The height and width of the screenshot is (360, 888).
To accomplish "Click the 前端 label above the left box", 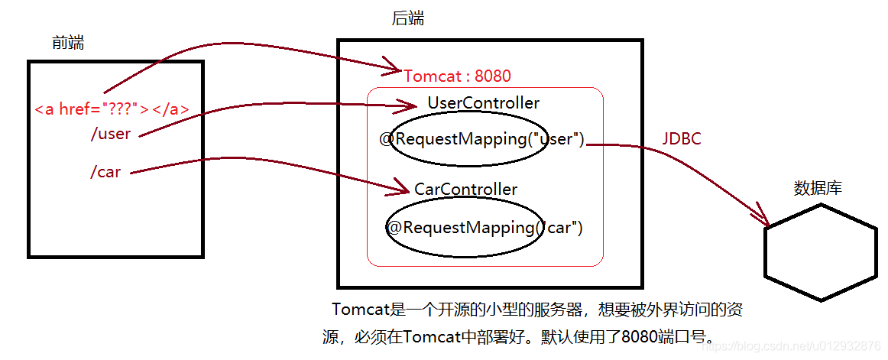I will (68, 43).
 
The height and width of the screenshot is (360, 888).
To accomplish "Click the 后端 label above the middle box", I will (408, 18).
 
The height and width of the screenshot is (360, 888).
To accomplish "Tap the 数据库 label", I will (818, 188).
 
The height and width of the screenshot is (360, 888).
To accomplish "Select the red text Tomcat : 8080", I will (457, 76).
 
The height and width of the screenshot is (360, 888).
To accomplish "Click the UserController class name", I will (483, 103).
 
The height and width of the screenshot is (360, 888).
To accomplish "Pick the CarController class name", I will (465, 190).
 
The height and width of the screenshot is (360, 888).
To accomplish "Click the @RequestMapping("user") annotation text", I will (481, 139).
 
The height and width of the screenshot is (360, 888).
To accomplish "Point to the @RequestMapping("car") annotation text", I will (484, 228).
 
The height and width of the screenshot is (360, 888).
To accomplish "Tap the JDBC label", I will (682, 139).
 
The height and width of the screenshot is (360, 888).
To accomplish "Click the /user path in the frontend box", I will (111, 135).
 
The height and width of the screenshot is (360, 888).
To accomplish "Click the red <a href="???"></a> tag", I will (112, 109).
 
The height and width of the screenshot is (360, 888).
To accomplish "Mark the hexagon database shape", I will (820, 251).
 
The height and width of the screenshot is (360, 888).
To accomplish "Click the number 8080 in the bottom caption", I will (637, 337).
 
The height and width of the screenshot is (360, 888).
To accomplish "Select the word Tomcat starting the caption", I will (361, 310).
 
